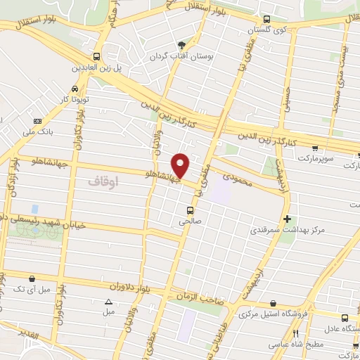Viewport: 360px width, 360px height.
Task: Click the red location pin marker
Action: (x=181, y=165)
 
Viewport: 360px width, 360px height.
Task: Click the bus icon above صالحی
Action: (x=190, y=210)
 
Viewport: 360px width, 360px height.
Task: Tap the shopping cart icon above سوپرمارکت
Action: (x=315, y=148)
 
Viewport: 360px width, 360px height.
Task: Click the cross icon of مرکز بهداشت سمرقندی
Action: (x=287, y=219)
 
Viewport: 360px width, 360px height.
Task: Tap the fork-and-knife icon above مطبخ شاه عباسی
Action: (x=296, y=333)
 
